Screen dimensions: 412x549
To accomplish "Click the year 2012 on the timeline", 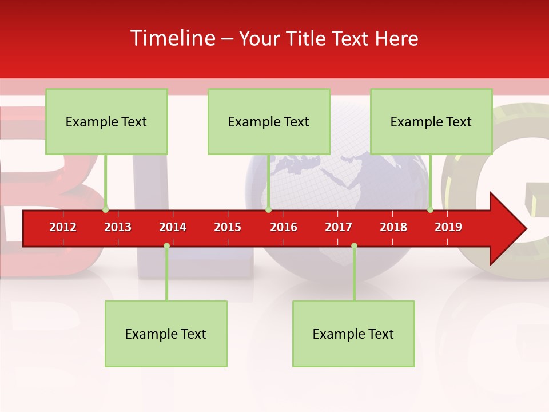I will [x=63, y=227].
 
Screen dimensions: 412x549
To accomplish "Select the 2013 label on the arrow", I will [x=118, y=227].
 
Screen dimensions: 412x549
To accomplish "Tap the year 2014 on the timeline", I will [x=173, y=227].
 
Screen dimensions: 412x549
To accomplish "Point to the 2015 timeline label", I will [x=228, y=227].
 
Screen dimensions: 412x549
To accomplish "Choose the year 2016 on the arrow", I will [x=284, y=227].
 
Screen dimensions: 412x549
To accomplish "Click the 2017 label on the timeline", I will [x=339, y=227].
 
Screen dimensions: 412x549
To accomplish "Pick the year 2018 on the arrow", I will [x=393, y=227].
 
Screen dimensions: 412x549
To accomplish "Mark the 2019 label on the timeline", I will [x=448, y=227].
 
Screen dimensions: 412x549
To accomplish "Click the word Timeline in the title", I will [x=172, y=38].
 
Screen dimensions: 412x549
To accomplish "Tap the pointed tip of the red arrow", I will [x=524, y=229].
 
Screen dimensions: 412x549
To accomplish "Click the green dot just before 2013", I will [x=106, y=209].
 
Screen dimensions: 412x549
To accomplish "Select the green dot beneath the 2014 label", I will [x=166, y=246].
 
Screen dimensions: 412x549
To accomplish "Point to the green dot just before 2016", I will [x=268, y=209].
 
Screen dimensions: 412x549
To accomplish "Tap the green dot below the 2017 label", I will [x=354, y=246].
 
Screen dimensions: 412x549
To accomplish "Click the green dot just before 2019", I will [x=431, y=209].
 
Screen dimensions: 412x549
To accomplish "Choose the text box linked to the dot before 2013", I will [x=106, y=121].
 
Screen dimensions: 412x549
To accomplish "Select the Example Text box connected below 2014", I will [x=166, y=334].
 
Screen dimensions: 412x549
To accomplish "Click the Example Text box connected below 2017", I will [x=353, y=334].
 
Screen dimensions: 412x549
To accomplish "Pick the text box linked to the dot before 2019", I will [x=431, y=121].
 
